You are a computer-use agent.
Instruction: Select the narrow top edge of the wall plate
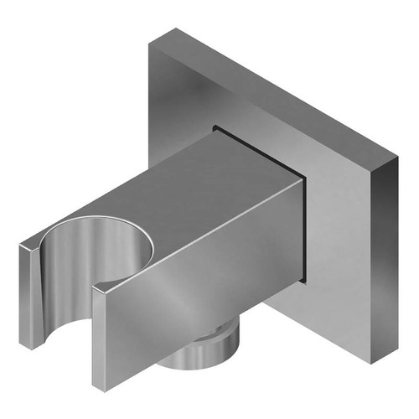tap(277, 92)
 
